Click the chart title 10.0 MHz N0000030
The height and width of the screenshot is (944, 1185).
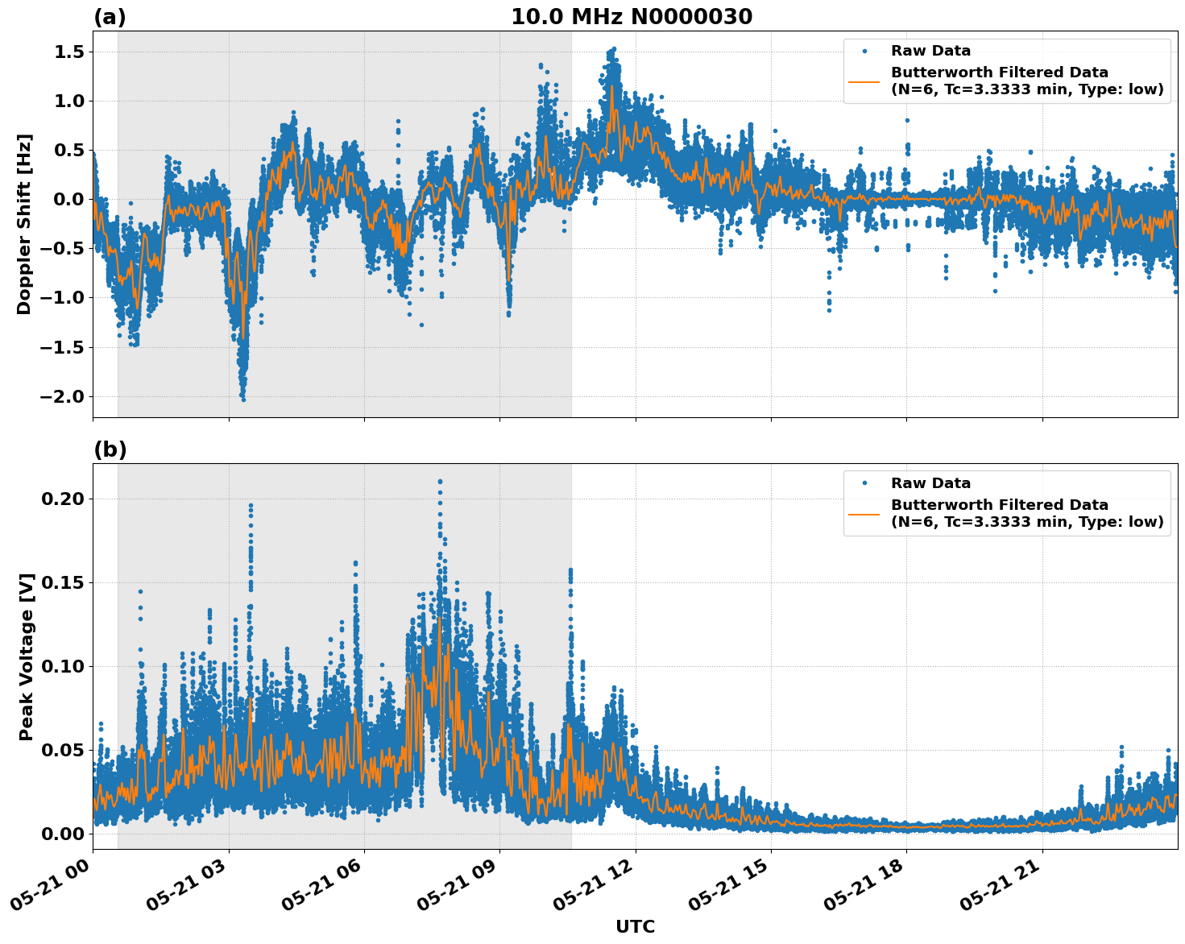631,17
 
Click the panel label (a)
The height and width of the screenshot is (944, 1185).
110,17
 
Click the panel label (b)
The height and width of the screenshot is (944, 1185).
110,449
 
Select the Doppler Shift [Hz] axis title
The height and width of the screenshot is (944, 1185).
24,224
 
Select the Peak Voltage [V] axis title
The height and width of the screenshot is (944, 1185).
27,656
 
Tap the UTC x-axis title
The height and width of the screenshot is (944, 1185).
635,926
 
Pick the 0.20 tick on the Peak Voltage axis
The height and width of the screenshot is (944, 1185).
62,499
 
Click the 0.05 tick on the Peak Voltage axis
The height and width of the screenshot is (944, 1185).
62,750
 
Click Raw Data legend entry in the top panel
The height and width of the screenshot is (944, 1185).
930,51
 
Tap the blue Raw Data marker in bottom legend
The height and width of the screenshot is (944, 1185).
864,483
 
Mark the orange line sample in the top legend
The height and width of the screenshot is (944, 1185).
864,81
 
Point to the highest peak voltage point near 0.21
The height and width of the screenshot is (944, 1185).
440,482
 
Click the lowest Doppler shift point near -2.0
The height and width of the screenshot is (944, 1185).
243,399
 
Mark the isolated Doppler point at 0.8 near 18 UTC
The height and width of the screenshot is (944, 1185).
907,120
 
